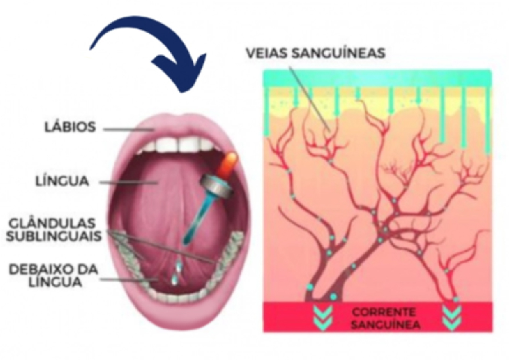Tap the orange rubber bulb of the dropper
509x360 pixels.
229,164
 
